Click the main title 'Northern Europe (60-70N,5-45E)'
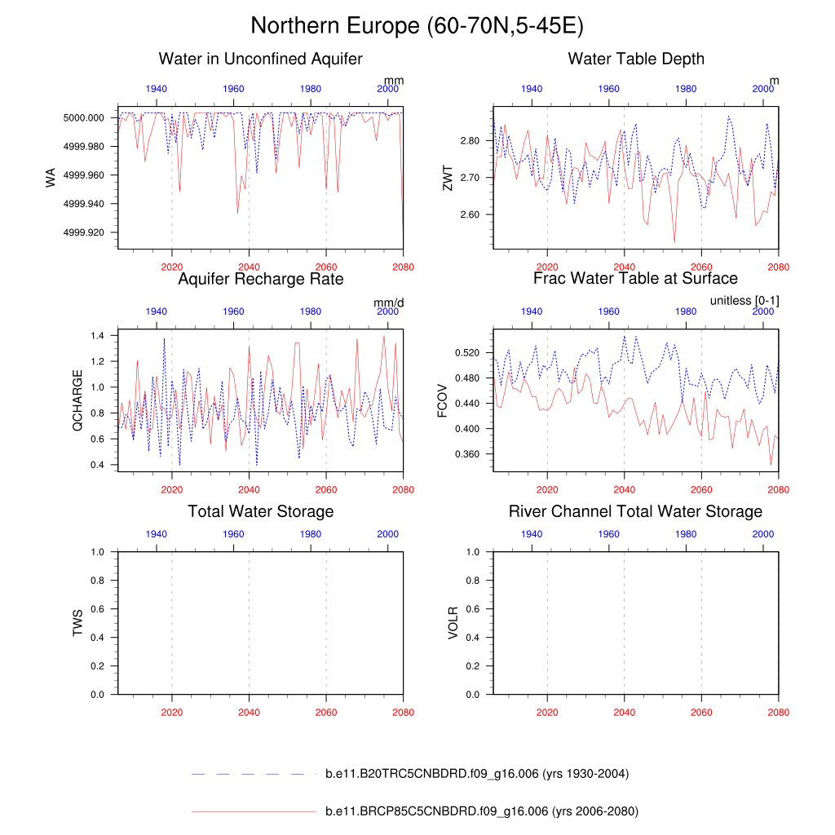[x=417, y=26]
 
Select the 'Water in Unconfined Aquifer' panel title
[x=260, y=59]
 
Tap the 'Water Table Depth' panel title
[x=636, y=59]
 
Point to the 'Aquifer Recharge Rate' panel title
[x=260, y=279]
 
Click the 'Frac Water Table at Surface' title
[x=635, y=279]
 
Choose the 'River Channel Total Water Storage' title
[x=635, y=511]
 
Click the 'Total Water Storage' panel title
[x=260, y=511]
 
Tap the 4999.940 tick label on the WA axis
[x=86, y=204]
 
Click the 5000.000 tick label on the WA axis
[x=86, y=117]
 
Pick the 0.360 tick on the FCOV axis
[x=467, y=453]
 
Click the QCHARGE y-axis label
[x=78, y=400]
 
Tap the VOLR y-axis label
[x=453, y=622]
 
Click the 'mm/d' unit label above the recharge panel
[x=389, y=303]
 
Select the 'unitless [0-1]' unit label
[x=744, y=301]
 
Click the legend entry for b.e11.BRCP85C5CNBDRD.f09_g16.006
[x=481, y=811]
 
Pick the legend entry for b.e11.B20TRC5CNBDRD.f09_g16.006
[x=476, y=774]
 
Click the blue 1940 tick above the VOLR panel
[x=532, y=533]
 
